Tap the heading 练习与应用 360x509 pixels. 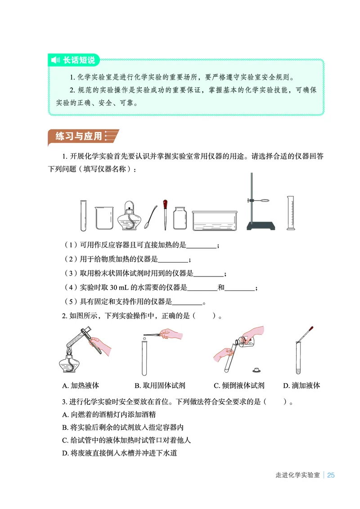pyautogui.click(x=79, y=136)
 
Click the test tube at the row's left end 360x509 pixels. pyautogui.click(x=84, y=215)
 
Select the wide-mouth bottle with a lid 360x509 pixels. pyautogui.click(x=180, y=218)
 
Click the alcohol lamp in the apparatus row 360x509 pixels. pyautogui.click(x=130, y=216)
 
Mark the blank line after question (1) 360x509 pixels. pyautogui.click(x=201, y=246)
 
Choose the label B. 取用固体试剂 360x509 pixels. pyautogui.click(x=159, y=385)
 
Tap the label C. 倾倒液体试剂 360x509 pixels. pyautogui.click(x=239, y=385)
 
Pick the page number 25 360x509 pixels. pyautogui.click(x=331, y=475)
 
